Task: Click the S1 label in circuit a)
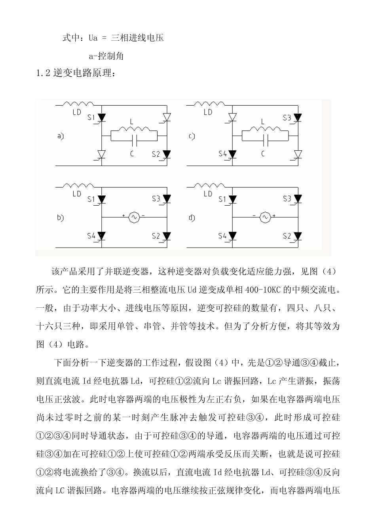tap(91, 117)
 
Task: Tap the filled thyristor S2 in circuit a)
tap(167, 154)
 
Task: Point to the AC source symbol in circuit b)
tap(133, 217)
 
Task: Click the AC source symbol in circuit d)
tap(264, 217)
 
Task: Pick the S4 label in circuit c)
tap(222, 154)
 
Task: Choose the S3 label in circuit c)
tap(287, 117)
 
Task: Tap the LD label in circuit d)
tap(208, 194)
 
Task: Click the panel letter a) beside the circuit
tap(60, 136)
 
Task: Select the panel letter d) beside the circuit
tap(192, 217)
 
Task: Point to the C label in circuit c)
tap(262, 153)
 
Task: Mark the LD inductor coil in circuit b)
tap(79, 185)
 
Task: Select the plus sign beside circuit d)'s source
tap(273, 216)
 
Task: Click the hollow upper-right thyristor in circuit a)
tap(167, 117)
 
